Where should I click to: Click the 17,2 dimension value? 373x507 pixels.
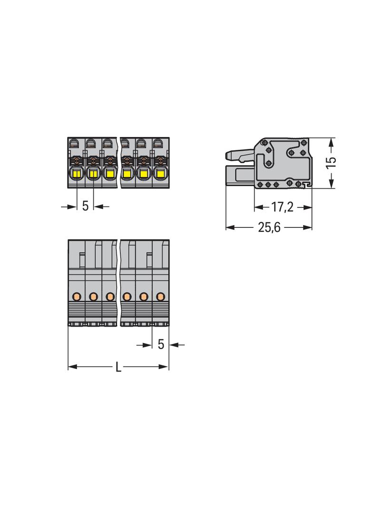click(x=282, y=207)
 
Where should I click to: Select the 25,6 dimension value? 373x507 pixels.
click(x=269, y=228)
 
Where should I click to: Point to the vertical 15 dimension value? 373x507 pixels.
click(x=331, y=162)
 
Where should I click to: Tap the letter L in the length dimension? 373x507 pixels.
click(x=118, y=367)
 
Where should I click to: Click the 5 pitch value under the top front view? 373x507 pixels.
click(x=85, y=206)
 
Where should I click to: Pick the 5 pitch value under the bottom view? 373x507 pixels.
click(x=161, y=344)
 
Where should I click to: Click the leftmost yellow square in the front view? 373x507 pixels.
click(x=77, y=174)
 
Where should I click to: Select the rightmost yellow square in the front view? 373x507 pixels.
click(x=159, y=174)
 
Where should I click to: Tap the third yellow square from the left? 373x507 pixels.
click(x=110, y=174)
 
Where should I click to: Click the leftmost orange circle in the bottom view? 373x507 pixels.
click(x=76, y=296)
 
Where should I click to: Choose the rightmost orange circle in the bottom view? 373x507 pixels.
click(x=160, y=296)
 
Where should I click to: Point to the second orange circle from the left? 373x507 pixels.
click(x=93, y=296)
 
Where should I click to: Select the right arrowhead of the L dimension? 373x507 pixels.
click(x=165, y=367)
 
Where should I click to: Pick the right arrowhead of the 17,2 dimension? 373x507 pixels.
click(x=308, y=207)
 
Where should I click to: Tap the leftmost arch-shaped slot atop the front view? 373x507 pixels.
click(x=74, y=142)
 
